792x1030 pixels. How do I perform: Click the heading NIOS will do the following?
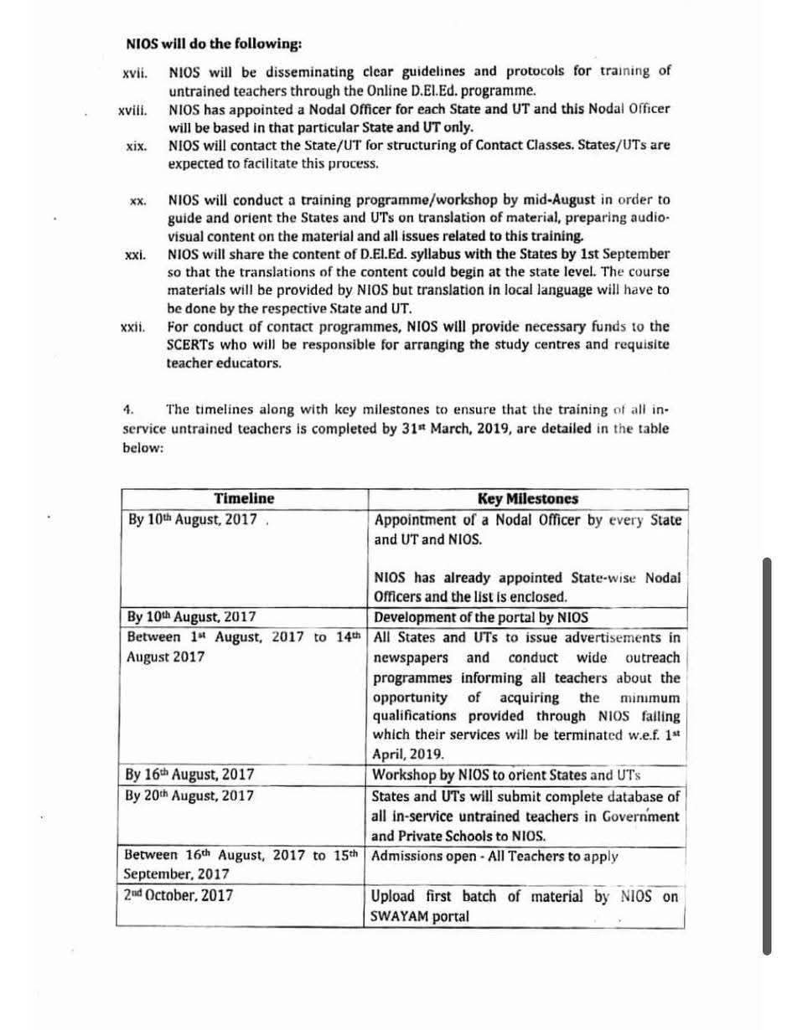click(x=214, y=44)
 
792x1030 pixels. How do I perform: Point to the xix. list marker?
click(x=136, y=147)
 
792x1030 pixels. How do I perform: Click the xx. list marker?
click(x=138, y=201)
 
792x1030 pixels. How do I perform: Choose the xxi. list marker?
click(x=135, y=255)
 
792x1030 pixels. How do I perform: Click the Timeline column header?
click(x=243, y=499)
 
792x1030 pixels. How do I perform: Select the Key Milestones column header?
click(x=527, y=499)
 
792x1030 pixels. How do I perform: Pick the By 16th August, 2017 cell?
click(x=190, y=775)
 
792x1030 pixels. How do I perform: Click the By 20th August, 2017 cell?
click(x=189, y=796)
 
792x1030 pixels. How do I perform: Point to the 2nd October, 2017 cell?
click(x=178, y=895)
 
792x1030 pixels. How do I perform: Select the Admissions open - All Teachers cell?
click(x=494, y=857)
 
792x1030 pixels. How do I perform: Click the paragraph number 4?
click(x=128, y=410)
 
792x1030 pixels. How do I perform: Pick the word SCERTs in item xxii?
click(x=192, y=345)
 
